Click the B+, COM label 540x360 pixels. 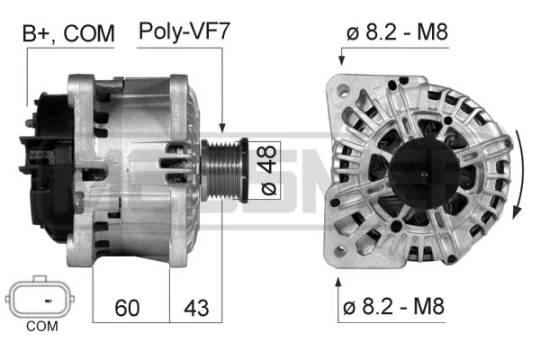(68, 33)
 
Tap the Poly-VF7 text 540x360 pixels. (184, 31)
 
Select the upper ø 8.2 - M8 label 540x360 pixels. (397, 32)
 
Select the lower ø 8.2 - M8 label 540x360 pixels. (393, 306)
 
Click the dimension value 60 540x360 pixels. (127, 308)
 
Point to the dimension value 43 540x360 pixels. (196, 308)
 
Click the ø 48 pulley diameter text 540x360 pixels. (268, 170)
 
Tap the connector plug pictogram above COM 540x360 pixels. (40, 296)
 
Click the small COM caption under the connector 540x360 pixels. (42, 326)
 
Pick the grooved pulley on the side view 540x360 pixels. (224, 170)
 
